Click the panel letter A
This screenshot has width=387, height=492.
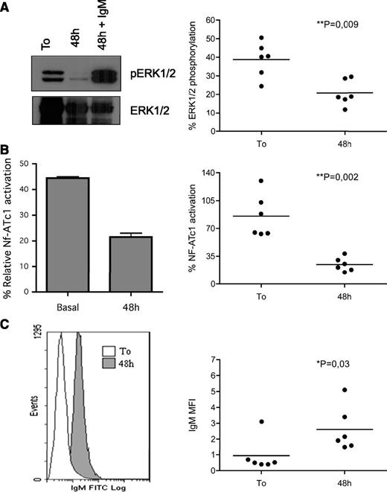(6, 6)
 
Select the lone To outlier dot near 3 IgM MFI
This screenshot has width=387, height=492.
(262, 421)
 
